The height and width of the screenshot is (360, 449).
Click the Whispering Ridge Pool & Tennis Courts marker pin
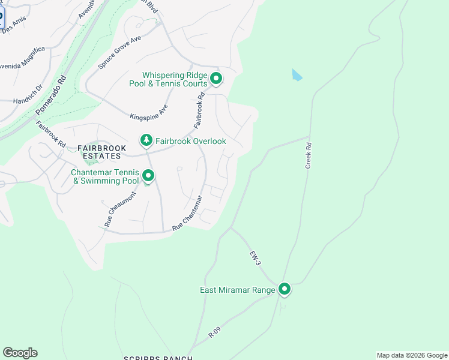216,79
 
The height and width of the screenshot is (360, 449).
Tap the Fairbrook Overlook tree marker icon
146,140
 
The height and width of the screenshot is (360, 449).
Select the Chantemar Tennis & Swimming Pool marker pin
148,176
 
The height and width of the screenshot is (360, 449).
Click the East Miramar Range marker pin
285,290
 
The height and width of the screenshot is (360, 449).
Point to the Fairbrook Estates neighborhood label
98,152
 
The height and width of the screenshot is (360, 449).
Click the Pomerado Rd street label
50,95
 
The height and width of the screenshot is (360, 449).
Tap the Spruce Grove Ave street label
119,51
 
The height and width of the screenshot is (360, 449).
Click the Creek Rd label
309,155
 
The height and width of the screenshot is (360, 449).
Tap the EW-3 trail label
256,259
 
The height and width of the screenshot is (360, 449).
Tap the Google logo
20,352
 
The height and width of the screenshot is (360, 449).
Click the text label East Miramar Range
237,290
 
